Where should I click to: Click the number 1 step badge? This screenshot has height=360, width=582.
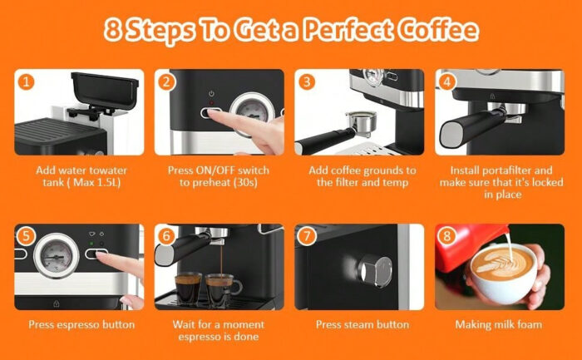tap(26, 81)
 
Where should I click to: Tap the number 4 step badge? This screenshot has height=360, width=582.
tap(447, 81)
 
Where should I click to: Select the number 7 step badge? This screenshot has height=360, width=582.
tap(307, 236)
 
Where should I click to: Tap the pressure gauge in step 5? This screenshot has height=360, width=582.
tap(57, 255)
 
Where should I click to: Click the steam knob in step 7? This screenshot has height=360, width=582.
tap(375, 271)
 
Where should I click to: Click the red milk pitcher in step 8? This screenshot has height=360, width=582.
tap(466, 245)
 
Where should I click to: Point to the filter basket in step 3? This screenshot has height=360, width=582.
tap(361, 122)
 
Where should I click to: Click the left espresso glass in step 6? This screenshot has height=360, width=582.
tap(188, 289)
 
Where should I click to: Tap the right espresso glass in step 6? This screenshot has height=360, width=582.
tap(220, 291)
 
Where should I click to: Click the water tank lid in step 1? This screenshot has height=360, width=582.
tap(105, 90)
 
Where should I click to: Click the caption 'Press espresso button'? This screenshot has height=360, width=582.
tap(81, 325)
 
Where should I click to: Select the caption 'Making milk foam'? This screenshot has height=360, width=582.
tap(499, 325)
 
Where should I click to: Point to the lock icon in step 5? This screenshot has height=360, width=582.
tap(56, 304)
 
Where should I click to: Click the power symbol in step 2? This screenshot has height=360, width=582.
tap(211, 94)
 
